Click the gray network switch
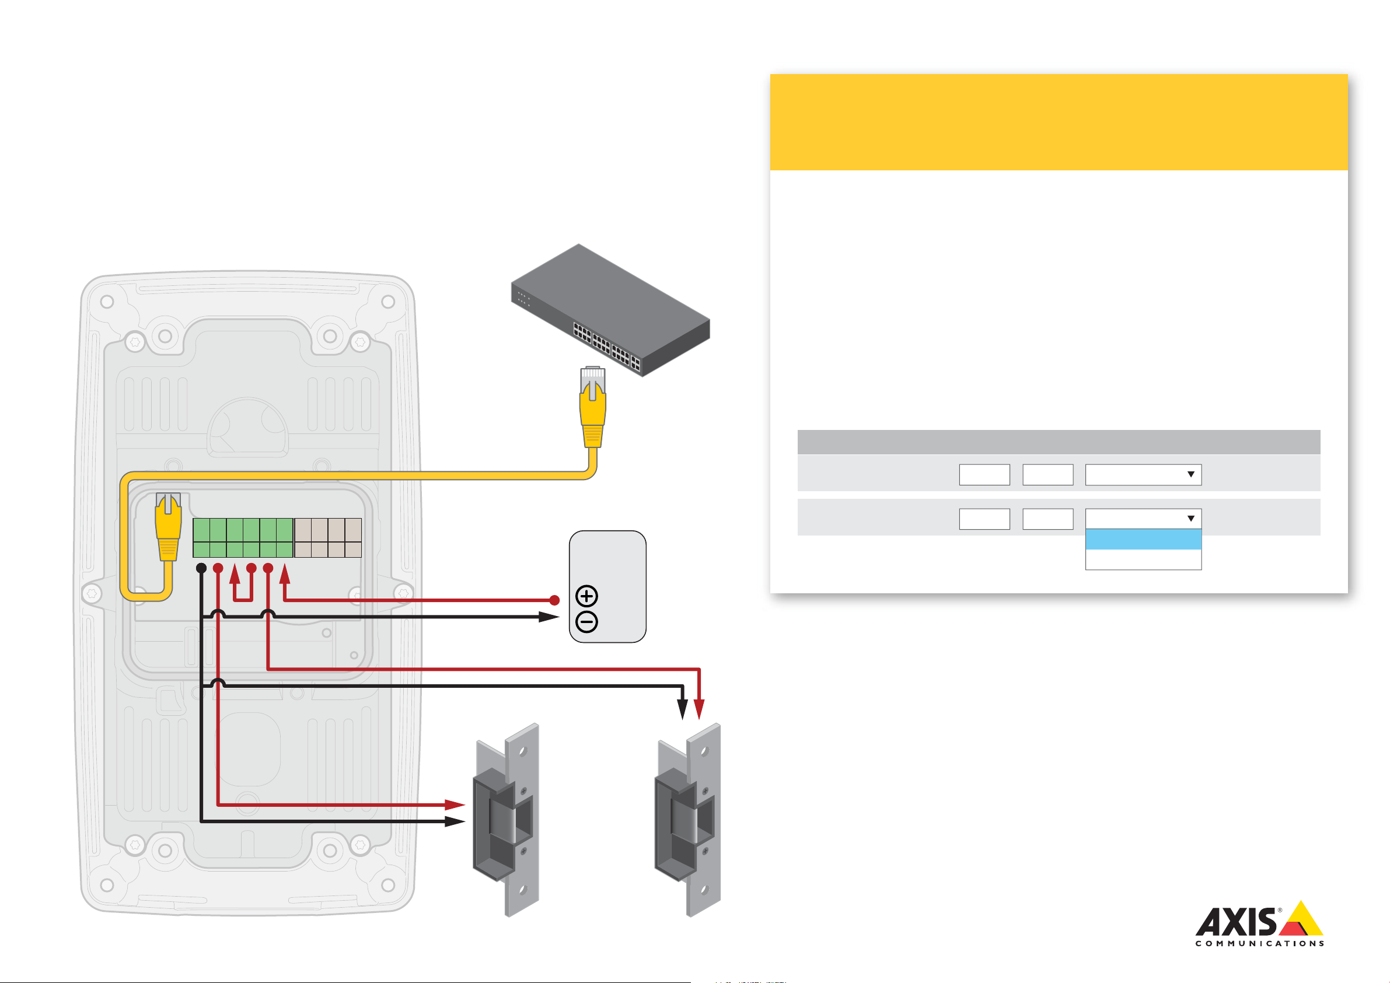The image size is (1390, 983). pyautogui.click(x=610, y=310)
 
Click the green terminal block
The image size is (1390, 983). pyautogui.click(x=243, y=537)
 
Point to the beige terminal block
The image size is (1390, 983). pyautogui.click(x=328, y=537)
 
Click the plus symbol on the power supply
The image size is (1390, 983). pyautogui.click(x=586, y=596)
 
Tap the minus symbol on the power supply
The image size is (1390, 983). pyautogui.click(x=586, y=622)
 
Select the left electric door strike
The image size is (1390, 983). pyautogui.click(x=506, y=820)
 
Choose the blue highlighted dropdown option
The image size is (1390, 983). pyautogui.click(x=1143, y=539)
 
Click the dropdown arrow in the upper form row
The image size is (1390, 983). pyautogui.click(x=1190, y=474)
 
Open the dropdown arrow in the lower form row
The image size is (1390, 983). pyautogui.click(x=1190, y=519)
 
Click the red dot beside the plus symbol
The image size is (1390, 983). pyautogui.click(x=554, y=600)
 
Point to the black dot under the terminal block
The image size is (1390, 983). pyautogui.click(x=201, y=568)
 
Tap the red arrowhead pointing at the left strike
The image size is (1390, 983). pyautogui.click(x=455, y=805)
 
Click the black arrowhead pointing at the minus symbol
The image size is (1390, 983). pyautogui.click(x=549, y=617)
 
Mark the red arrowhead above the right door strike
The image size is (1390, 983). pyautogui.click(x=699, y=709)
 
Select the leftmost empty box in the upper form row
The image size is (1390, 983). pyautogui.click(x=984, y=474)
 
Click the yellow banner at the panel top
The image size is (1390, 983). pyautogui.click(x=1058, y=122)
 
